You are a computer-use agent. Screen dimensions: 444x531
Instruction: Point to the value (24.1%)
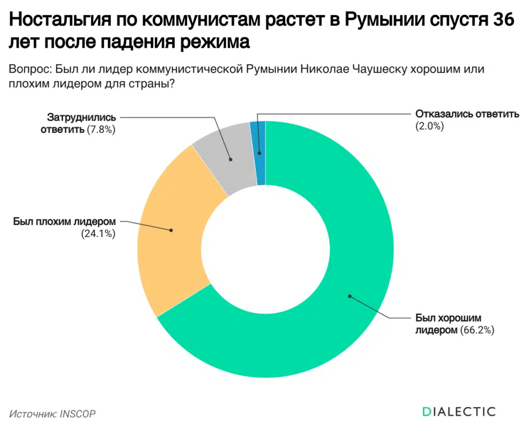coord(98,233)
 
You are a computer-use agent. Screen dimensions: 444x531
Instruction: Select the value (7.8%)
coord(101,129)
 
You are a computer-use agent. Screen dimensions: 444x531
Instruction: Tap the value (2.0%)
coord(429,125)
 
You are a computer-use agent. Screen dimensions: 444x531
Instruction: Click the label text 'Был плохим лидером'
coord(64,221)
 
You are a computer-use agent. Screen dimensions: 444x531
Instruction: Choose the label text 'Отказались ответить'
coord(467,114)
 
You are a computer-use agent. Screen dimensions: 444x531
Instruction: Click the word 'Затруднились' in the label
coord(81,117)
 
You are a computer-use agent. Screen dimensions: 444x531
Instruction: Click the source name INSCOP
coord(78,413)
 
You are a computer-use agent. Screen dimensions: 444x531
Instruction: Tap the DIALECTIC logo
coord(458,412)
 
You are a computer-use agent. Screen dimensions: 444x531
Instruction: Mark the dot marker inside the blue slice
coord(259,154)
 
